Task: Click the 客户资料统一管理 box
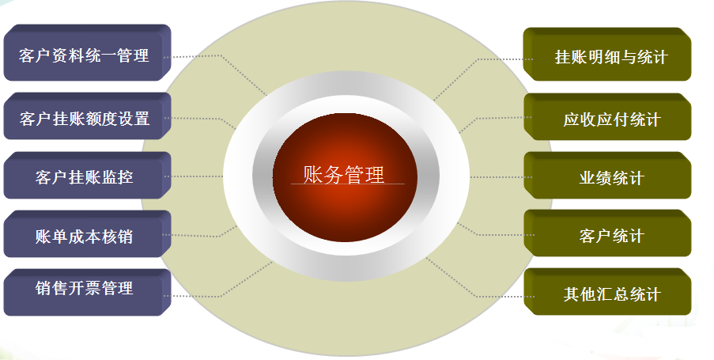87,53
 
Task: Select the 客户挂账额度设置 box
87,116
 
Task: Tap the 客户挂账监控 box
87,176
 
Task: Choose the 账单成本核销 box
87,234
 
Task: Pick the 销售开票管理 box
87,293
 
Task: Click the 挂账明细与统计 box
607,55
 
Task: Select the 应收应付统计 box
607,117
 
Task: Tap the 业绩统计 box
607,176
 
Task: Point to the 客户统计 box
607,233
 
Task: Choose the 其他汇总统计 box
607,292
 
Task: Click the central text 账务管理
344,175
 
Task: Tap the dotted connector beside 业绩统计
501,177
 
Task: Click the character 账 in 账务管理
313,175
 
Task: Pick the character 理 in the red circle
376,175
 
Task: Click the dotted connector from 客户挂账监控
194,176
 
